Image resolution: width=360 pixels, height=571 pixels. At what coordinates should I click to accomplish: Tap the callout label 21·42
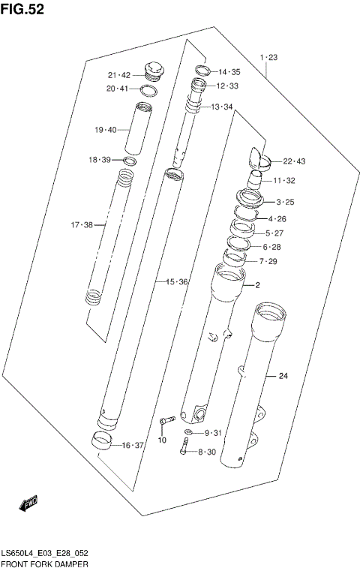coord(119,74)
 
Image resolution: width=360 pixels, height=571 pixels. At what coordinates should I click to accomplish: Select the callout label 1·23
coord(268,57)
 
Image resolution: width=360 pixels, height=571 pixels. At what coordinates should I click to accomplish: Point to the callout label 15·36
coord(176,281)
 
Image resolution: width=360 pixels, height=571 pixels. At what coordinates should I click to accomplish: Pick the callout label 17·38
coord(81,224)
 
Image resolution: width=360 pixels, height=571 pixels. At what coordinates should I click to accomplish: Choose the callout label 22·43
coord(295,161)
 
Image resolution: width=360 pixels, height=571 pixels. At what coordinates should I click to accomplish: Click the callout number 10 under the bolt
coord(161,440)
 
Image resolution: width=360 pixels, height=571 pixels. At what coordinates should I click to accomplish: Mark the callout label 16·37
coord(132,445)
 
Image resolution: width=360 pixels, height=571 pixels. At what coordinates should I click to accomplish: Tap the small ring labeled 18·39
coord(130,161)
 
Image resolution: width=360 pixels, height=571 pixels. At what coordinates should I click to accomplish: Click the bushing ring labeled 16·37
coord(103,440)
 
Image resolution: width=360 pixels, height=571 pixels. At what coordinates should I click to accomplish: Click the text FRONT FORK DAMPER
coord(45,563)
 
